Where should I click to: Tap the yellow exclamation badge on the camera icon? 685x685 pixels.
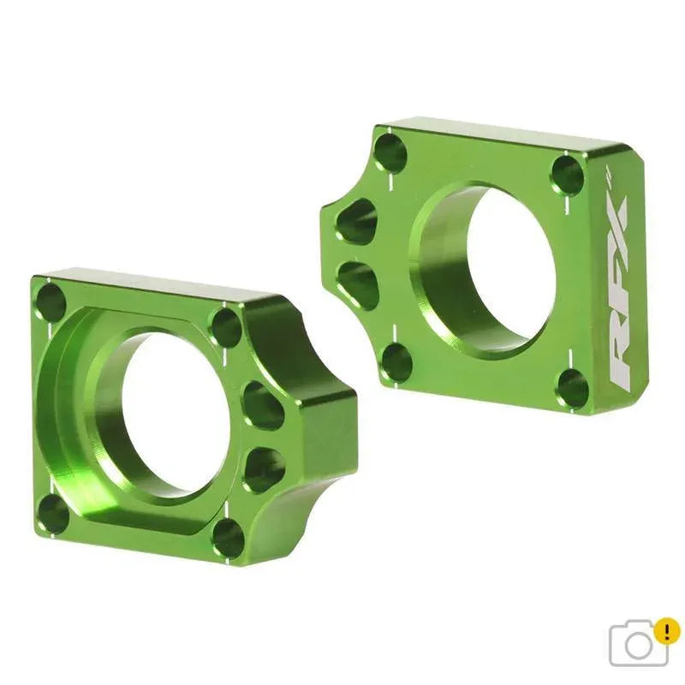click(666, 632)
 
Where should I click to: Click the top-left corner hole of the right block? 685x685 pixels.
click(390, 152)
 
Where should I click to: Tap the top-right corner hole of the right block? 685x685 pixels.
click(567, 175)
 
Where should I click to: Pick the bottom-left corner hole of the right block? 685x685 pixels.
click(396, 361)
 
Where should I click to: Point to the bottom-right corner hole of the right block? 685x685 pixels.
click(572, 389)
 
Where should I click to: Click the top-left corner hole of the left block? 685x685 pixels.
click(51, 302)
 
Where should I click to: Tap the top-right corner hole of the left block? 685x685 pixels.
click(225, 327)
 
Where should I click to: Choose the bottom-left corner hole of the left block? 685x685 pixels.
click(53, 513)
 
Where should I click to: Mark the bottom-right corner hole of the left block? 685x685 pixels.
click(228, 538)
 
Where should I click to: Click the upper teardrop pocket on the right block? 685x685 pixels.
click(357, 222)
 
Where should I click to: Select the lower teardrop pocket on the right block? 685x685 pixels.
click(359, 284)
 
